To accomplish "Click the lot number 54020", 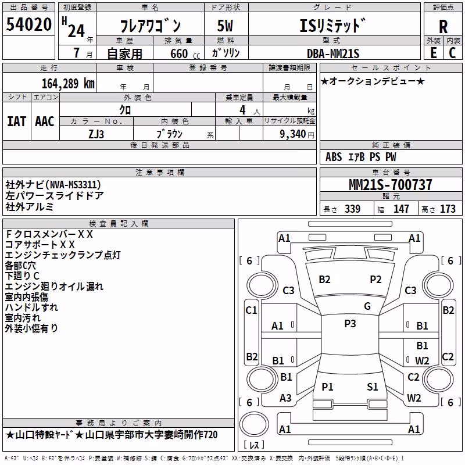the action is click(29, 24).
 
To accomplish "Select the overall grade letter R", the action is click(443, 27).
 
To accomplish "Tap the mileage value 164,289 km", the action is click(68, 84).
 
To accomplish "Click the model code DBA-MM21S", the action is click(333, 53).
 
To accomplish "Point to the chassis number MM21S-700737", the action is click(391, 185).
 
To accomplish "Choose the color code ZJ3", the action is click(96, 134).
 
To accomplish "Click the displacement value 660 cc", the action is click(185, 54).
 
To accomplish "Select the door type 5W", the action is click(225, 26).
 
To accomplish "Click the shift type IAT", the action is click(17, 121).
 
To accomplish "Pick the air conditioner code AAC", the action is click(45, 121).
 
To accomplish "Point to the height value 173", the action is click(448, 209).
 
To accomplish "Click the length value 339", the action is click(353, 209).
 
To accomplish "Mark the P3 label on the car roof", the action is click(350, 323).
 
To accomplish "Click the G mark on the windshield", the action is click(367, 306).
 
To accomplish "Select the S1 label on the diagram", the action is click(373, 387).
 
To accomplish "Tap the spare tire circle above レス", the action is click(254, 424).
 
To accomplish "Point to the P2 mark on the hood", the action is click(375, 280).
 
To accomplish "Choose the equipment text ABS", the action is click(334, 157).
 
